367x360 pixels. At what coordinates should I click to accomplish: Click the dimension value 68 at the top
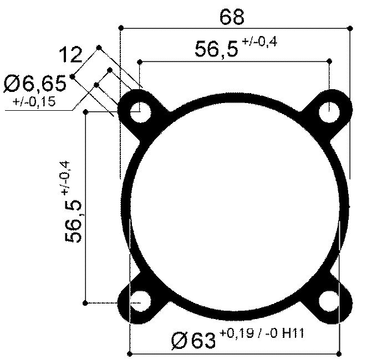[232, 17]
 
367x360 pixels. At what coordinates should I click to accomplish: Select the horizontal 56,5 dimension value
[216, 49]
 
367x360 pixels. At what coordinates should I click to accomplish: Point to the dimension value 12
[70, 55]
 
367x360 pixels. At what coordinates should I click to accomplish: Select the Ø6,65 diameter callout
[35, 84]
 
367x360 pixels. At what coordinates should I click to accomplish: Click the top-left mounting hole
[140, 112]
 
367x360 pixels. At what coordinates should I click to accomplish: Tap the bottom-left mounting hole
[140, 302]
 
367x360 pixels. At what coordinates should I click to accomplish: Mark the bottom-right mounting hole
[330, 302]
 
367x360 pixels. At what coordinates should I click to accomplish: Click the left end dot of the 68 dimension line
[120, 27]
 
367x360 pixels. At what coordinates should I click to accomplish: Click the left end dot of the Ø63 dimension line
[130, 353]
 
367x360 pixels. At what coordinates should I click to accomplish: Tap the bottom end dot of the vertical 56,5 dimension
[85, 302]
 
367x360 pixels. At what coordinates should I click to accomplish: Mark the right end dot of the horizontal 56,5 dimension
[330, 61]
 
